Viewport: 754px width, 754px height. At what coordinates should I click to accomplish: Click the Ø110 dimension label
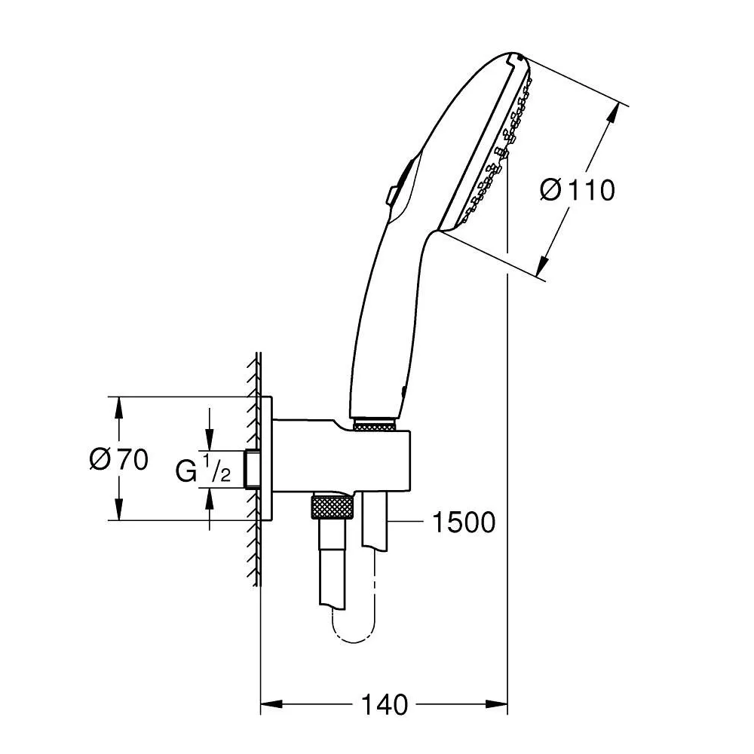578,190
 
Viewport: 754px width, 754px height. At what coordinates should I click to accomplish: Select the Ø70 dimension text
118,458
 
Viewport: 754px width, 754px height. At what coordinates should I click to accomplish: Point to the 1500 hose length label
463,522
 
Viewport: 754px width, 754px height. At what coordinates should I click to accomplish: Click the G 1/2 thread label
202,470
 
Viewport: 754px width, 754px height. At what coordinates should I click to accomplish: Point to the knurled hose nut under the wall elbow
332,507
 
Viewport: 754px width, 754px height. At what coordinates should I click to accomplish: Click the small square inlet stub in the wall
253,470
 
